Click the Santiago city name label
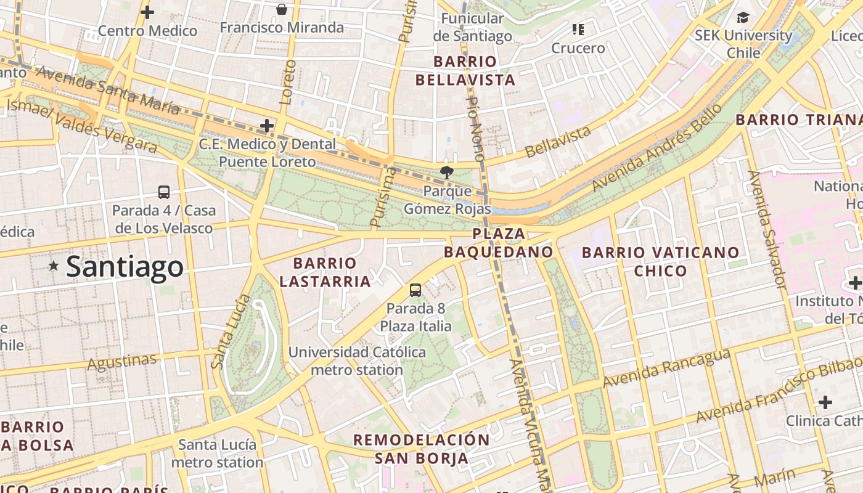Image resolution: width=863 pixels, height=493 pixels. (x=125, y=266)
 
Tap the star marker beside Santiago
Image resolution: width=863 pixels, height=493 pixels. (x=54, y=266)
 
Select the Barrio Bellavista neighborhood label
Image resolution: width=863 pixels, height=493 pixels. (x=465, y=70)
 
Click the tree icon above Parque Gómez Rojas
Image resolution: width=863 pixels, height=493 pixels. (x=447, y=173)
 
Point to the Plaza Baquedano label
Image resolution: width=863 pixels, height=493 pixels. (x=499, y=243)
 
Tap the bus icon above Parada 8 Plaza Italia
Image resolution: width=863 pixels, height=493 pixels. (x=415, y=290)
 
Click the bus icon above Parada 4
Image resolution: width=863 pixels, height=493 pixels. (x=164, y=192)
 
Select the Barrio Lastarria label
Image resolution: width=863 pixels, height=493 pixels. (x=325, y=272)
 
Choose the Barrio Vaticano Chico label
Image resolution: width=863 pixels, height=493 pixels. (x=660, y=261)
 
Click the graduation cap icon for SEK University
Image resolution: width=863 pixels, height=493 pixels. (x=743, y=17)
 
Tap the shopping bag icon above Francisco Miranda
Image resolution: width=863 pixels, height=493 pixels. (x=282, y=9)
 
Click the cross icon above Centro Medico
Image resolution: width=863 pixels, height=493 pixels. (x=147, y=12)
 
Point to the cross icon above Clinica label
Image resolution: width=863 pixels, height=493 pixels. (x=825, y=402)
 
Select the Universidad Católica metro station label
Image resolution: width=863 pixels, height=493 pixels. (x=357, y=361)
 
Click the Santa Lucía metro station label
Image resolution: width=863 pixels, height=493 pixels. (x=217, y=453)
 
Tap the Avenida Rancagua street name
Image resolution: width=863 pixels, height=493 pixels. (x=666, y=369)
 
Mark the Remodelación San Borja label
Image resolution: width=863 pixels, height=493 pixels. (x=422, y=449)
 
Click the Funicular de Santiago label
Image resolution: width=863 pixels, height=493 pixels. (x=472, y=27)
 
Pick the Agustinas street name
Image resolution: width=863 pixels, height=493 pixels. (x=122, y=362)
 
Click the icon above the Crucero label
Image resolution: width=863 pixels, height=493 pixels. (x=578, y=29)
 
